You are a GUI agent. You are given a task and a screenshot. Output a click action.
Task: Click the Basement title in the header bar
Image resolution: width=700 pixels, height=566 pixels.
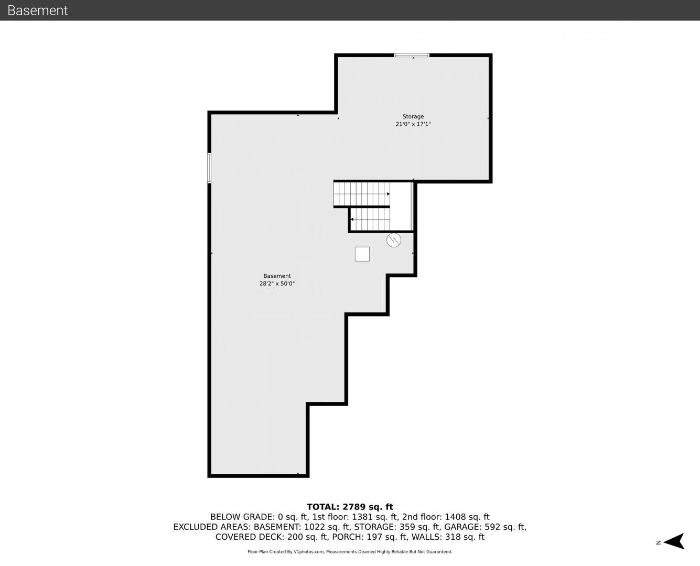tap(37, 10)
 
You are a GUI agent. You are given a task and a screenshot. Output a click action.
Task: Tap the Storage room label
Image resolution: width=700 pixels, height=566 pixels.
tap(413, 117)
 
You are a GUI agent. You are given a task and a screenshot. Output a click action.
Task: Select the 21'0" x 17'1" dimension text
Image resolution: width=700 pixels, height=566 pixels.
tap(413, 124)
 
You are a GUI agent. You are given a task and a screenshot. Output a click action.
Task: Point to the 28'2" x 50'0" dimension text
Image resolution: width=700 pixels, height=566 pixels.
tap(277, 284)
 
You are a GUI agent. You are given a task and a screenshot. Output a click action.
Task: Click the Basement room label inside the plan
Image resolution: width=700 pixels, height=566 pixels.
tap(277, 276)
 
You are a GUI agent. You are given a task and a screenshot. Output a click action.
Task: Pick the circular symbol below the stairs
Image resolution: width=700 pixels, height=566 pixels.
tap(394, 240)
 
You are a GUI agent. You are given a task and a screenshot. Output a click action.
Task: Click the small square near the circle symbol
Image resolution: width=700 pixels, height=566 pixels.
tap(362, 254)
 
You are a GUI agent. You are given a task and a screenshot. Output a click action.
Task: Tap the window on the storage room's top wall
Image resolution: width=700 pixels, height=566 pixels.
tap(412, 55)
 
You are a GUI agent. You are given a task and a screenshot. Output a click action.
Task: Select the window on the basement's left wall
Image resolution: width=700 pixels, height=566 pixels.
tap(209, 168)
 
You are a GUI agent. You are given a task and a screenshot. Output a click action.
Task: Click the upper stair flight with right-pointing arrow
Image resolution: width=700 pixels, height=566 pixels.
tap(361, 194)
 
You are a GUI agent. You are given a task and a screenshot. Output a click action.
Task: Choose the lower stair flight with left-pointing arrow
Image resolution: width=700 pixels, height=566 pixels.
tap(370, 219)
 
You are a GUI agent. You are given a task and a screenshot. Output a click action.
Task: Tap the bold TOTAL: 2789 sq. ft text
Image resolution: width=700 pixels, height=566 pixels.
tap(350, 507)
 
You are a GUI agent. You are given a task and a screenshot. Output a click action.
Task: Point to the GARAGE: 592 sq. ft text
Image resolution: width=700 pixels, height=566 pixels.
tap(485, 527)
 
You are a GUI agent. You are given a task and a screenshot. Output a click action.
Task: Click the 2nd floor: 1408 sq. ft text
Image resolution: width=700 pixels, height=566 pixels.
tap(446, 517)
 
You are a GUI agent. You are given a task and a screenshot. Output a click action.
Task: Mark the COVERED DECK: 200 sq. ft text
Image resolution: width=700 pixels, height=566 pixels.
tap(272, 537)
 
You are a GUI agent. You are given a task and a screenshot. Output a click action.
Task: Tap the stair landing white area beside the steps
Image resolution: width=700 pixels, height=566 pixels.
tap(400, 206)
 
